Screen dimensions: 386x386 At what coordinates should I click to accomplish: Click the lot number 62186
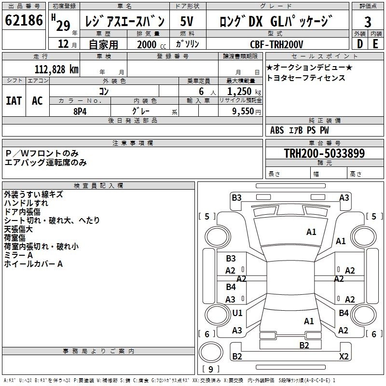click(24, 20)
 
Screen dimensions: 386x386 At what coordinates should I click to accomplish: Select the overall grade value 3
click(368, 22)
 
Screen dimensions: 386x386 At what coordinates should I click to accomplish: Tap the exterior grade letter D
click(360, 44)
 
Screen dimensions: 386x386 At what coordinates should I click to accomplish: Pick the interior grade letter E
click(375, 44)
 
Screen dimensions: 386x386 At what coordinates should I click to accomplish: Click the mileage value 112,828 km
click(56, 69)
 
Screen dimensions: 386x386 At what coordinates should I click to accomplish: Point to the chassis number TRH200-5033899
click(324, 153)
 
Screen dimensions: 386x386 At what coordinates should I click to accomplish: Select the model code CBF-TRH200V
click(276, 44)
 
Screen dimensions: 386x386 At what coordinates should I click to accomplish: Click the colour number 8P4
click(80, 111)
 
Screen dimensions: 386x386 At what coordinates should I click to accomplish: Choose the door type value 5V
click(187, 21)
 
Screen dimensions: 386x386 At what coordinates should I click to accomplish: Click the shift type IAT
click(14, 101)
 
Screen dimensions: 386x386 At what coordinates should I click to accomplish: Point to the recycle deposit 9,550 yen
click(247, 111)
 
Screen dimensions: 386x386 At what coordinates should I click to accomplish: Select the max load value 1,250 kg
click(244, 92)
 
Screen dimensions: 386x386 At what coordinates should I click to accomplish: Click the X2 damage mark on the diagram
click(344, 356)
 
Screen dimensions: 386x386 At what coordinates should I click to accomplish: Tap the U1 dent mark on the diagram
click(237, 313)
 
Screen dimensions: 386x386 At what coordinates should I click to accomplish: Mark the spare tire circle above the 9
click(211, 352)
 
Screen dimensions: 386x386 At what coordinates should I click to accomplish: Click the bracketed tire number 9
click(211, 369)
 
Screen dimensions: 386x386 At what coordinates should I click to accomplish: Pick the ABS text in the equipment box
click(277, 130)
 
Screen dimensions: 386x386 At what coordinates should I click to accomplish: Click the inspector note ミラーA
click(18, 255)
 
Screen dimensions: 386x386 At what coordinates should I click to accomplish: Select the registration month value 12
click(63, 44)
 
